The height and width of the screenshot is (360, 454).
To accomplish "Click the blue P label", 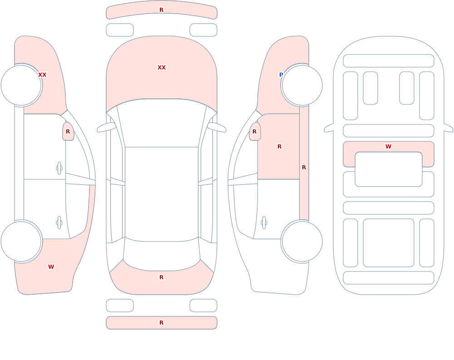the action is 281,75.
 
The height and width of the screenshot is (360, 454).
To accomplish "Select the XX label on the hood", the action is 162,68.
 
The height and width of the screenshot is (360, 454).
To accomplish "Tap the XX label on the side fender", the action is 42,75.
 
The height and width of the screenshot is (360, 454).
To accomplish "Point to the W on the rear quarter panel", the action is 51,267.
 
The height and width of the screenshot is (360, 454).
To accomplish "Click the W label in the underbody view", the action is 389,147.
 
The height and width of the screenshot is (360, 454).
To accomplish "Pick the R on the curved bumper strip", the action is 162,10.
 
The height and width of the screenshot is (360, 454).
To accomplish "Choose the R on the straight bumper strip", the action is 162,323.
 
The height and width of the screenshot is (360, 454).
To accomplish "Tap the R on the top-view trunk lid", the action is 162,277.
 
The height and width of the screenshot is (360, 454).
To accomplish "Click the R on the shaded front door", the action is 279,147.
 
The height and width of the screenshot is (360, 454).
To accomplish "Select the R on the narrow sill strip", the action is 304,168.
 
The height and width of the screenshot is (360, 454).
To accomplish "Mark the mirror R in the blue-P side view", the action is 255,132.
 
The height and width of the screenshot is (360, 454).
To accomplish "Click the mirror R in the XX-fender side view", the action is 68,132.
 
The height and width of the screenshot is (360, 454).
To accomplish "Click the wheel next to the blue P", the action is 302,85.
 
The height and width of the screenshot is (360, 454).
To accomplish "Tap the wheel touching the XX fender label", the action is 21,85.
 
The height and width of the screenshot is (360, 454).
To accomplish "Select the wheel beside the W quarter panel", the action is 21,241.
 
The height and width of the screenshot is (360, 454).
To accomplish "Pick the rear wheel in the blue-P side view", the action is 302,241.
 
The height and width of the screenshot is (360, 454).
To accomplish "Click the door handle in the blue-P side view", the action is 264,223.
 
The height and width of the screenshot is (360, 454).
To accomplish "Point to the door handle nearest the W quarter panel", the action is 59,223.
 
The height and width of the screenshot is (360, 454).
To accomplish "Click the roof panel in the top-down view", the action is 162,194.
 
